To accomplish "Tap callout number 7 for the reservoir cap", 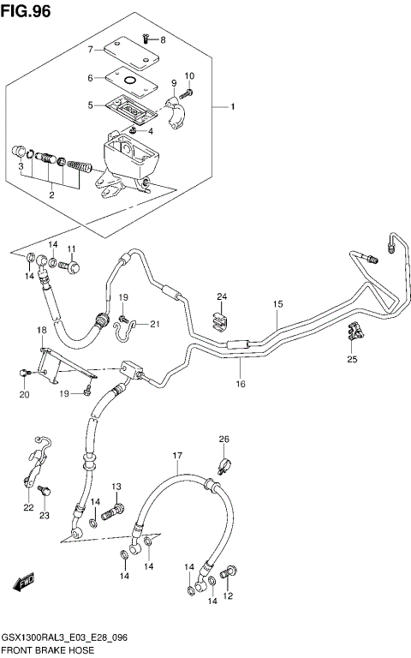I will point(89,50).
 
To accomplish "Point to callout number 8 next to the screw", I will point(164,40).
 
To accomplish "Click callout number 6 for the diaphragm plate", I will point(89,78).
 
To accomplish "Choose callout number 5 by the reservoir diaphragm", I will point(89,105).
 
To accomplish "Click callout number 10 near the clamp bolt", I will point(189,76).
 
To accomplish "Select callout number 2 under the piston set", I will point(51,196).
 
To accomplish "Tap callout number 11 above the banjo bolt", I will point(73,249).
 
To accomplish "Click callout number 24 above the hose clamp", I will point(221,297).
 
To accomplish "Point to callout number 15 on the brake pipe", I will point(277,304).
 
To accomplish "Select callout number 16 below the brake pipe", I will point(241,384).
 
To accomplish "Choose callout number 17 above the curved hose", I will point(177,455).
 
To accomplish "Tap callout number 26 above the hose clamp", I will point(223,440).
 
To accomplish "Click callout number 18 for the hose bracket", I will point(40,330).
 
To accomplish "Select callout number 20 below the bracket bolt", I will point(24,395).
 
